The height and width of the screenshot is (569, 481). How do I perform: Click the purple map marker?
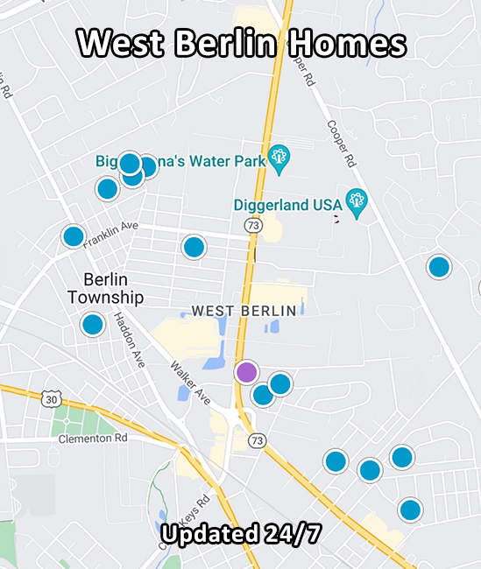247,372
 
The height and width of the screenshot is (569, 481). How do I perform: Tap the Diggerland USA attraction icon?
356,201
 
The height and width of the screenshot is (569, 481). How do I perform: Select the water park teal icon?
279,158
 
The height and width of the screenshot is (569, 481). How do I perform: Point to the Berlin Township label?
105,289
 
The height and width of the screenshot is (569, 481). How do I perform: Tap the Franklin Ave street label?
111,232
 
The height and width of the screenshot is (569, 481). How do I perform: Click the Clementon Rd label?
93,438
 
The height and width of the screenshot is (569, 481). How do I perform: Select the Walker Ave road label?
190,383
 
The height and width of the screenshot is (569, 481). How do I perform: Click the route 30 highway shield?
51,399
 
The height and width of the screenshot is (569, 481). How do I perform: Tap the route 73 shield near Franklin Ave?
253,226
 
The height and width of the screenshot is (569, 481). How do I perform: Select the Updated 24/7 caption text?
240,534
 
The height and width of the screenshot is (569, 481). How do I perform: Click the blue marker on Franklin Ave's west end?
74,235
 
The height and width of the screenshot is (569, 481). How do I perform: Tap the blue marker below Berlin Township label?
93,325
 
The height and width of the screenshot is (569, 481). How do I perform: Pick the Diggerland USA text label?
287,205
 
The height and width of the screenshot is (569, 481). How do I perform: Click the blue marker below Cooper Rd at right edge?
439,267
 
